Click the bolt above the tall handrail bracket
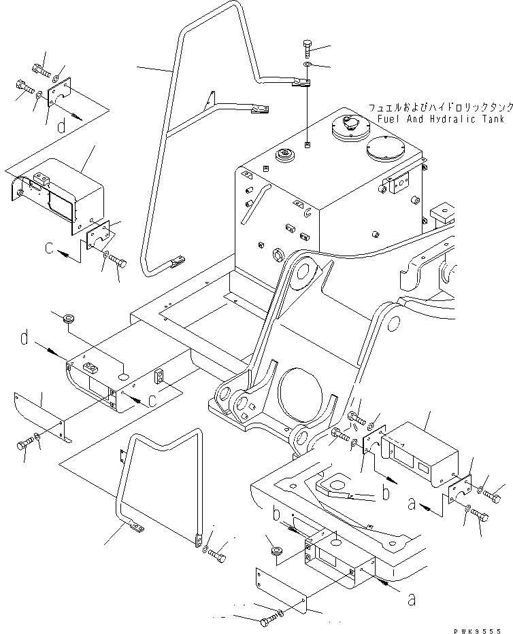coord(306,50)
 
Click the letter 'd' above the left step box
coord(25,338)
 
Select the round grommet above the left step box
coord(68,319)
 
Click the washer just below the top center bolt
coord(307,66)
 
